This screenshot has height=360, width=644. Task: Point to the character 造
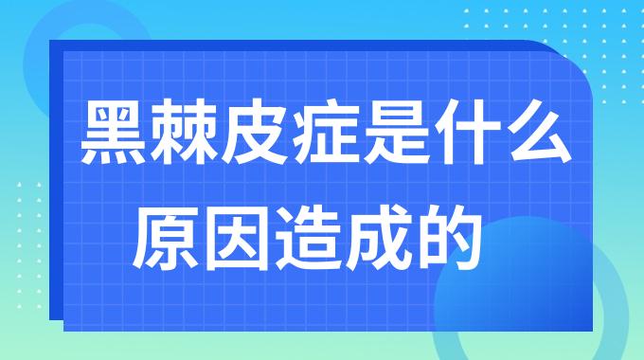(308, 235)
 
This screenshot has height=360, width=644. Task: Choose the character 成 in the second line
(379, 235)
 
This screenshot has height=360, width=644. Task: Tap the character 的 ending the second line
(449, 235)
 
